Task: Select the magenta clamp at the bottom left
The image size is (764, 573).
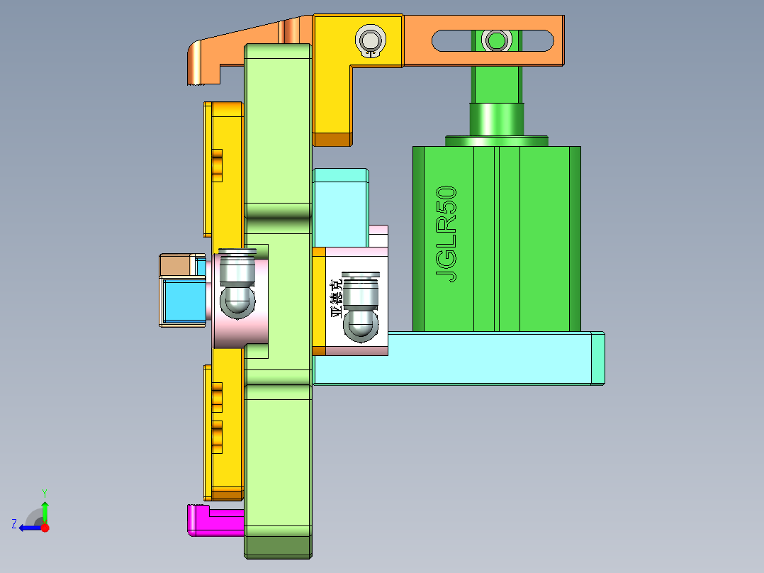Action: (216, 521)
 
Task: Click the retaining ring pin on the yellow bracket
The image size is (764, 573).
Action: (369, 40)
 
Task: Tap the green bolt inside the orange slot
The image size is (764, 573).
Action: (495, 40)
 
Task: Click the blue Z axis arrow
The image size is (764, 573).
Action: (28, 527)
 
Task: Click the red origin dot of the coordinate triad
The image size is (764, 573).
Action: (45, 528)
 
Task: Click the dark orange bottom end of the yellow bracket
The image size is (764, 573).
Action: (332, 140)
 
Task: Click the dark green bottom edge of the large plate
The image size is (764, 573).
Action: (278, 546)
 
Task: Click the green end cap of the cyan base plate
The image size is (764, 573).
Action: (598, 358)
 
